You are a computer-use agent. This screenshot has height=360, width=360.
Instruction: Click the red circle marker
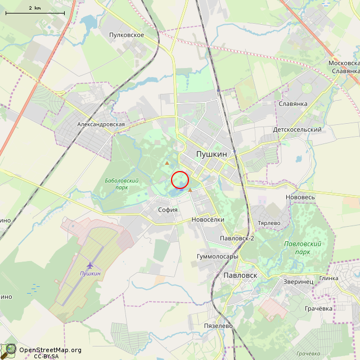click(179, 179)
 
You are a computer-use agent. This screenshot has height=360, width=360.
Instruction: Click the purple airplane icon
click(90, 264)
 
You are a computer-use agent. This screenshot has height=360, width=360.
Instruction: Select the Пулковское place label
click(127, 35)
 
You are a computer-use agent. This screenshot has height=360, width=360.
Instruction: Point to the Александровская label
click(101, 124)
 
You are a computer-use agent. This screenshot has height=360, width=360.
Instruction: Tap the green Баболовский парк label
click(121, 184)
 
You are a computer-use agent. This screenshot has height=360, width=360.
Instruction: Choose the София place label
click(168, 210)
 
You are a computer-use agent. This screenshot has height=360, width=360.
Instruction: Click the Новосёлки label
click(208, 219)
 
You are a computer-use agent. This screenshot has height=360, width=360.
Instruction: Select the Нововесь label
click(300, 197)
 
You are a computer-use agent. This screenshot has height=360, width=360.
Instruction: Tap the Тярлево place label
click(269, 223)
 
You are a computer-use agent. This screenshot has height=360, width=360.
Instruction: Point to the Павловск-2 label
click(237, 238)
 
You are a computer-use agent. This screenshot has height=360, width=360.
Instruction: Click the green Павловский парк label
click(303, 248)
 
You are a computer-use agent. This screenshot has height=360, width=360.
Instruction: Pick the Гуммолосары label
click(218, 256)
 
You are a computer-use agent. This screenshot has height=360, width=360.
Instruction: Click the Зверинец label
click(298, 281)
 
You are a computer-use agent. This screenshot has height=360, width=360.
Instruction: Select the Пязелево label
click(218, 326)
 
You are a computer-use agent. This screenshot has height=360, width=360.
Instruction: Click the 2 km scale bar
click(35, 11)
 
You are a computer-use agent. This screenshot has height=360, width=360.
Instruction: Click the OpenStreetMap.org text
click(50, 350)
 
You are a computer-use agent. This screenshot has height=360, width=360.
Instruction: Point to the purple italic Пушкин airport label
click(90, 273)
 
